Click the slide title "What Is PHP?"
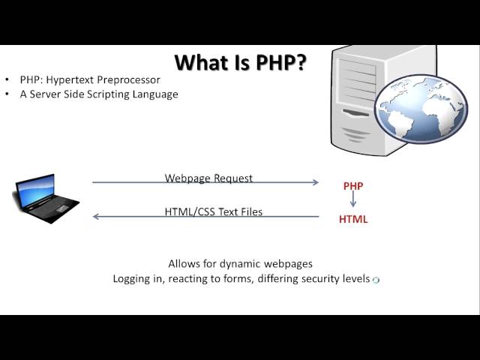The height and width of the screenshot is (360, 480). tap(240, 62)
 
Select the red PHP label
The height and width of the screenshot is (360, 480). tap(353, 184)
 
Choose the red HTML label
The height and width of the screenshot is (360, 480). tap(353, 220)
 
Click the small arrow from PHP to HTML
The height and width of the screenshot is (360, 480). tap(353, 202)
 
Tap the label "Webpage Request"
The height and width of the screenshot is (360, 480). tap(208, 178)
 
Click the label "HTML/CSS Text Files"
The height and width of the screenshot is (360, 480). tap(214, 212)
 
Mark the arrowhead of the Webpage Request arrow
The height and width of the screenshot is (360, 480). tap(316, 182)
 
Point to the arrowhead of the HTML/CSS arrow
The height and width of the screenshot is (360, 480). tap(95, 217)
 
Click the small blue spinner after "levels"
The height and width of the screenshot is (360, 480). tap(376, 280)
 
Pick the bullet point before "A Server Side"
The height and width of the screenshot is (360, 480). tap(7, 94)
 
